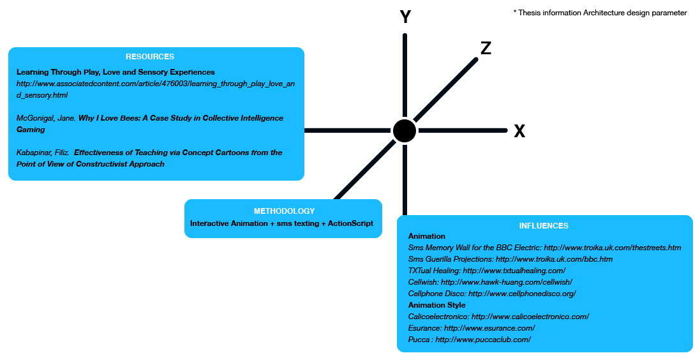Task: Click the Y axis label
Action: pyautogui.click(x=405, y=17)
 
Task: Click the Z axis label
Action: pyautogui.click(x=486, y=49)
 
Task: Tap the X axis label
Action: pyautogui.click(x=519, y=131)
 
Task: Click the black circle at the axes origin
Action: pyautogui.click(x=405, y=130)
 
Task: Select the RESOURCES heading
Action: pyautogui.click(x=150, y=57)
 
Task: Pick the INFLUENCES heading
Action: pyautogui.click(x=544, y=226)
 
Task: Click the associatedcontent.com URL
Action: pyautogui.click(x=156, y=89)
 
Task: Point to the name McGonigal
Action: pyautogui.click(x=36, y=118)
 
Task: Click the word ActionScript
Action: pyautogui.click(x=350, y=223)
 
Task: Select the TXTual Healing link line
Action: pyautogui.click(x=487, y=271)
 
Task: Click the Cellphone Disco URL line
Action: pyautogui.click(x=492, y=294)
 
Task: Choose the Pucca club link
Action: pyautogui.click(x=469, y=340)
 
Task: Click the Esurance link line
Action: pyautogui.click(x=472, y=328)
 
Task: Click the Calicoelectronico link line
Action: pyautogui.click(x=498, y=317)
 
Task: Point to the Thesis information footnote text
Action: pyautogui.click(x=600, y=13)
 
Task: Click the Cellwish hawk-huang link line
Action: pyautogui.click(x=490, y=282)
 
